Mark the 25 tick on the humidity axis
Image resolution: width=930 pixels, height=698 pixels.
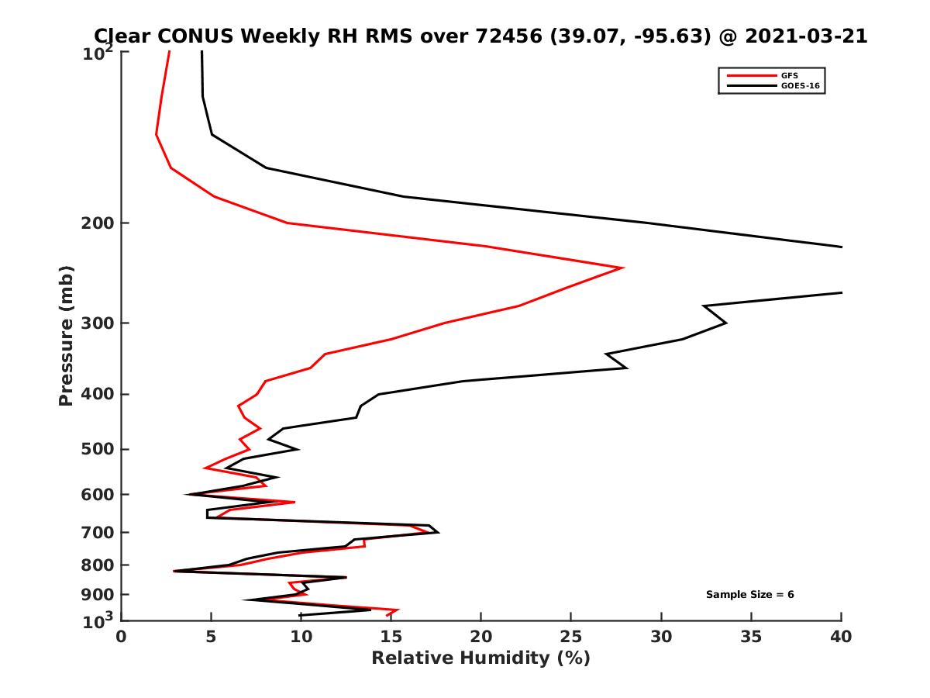tap(571, 637)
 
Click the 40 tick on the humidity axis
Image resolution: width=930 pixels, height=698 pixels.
tap(842, 637)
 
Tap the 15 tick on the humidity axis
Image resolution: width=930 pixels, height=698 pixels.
tap(391, 637)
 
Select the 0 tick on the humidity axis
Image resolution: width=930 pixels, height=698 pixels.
tap(122, 637)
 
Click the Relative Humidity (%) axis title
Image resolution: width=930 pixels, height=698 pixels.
tap(480, 658)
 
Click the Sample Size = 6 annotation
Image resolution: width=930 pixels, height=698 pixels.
tap(749, 595)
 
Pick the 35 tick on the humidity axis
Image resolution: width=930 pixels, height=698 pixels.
tap(752, 637)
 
